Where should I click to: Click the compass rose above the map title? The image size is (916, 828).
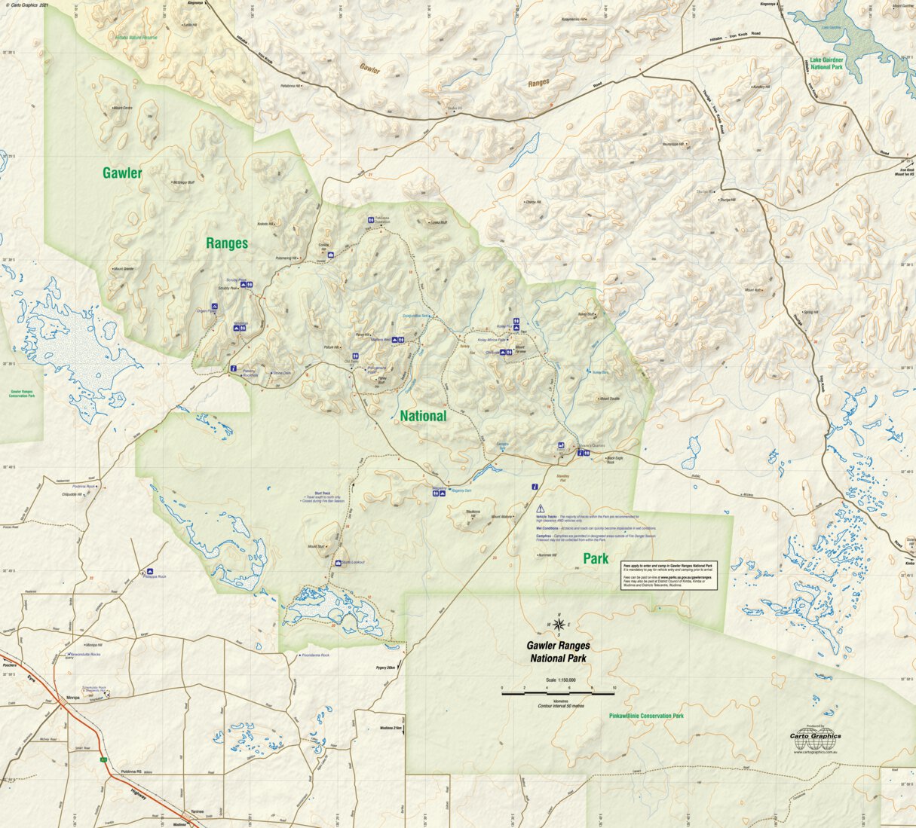[x=558, y=625]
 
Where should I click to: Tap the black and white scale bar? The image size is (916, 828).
[x=558, y=689]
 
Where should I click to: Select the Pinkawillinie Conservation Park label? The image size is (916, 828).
[x=646, y=716]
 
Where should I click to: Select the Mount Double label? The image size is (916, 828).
[x=608, y=399]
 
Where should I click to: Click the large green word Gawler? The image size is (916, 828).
[x=122, y=173]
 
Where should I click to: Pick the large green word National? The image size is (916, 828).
[x=423, y=416]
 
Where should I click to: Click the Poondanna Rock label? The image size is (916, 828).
[x=315, y=655]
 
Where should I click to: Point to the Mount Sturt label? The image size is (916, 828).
[x=315, y=546]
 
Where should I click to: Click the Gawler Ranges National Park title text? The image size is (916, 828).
[x=558, y=652]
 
